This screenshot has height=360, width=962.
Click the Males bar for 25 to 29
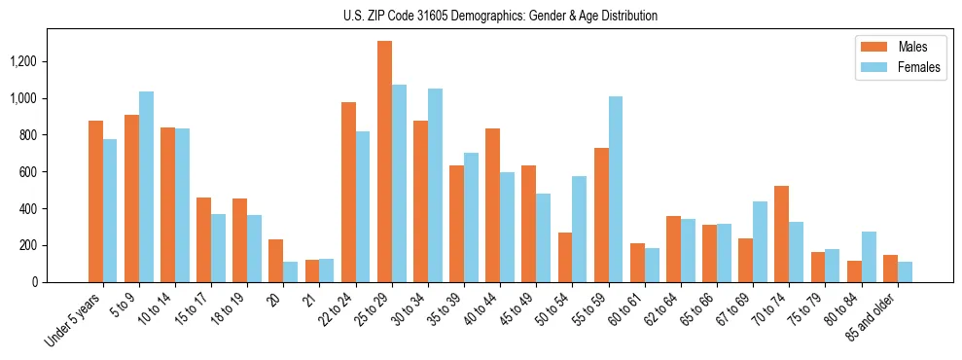[384, 162]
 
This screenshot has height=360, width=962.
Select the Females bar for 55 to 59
[615, 189]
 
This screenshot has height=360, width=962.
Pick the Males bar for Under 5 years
[95, 201]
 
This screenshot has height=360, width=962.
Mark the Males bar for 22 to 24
[348, 192]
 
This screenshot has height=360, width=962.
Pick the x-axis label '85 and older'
[874, 317]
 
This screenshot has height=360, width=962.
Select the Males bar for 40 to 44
[493, 205]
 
